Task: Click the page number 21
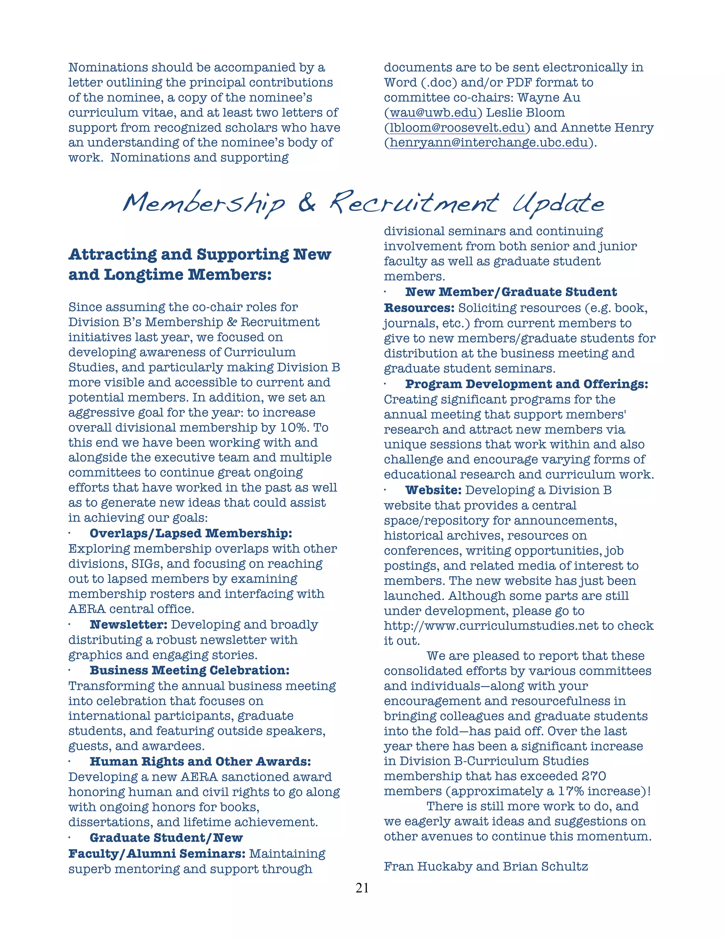tap(362, 888)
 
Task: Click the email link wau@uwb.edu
tap(433, 113)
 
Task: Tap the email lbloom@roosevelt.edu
tap(457, 128)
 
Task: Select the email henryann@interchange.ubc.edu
tap(488, 143)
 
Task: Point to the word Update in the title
tap(558, 204)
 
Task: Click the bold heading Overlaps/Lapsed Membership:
tap(191, 533)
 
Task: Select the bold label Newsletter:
tap(129, 624)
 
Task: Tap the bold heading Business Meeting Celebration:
tap(189, 670)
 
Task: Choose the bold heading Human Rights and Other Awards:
tap(200, 761)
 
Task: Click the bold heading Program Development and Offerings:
tap(526, 384)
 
